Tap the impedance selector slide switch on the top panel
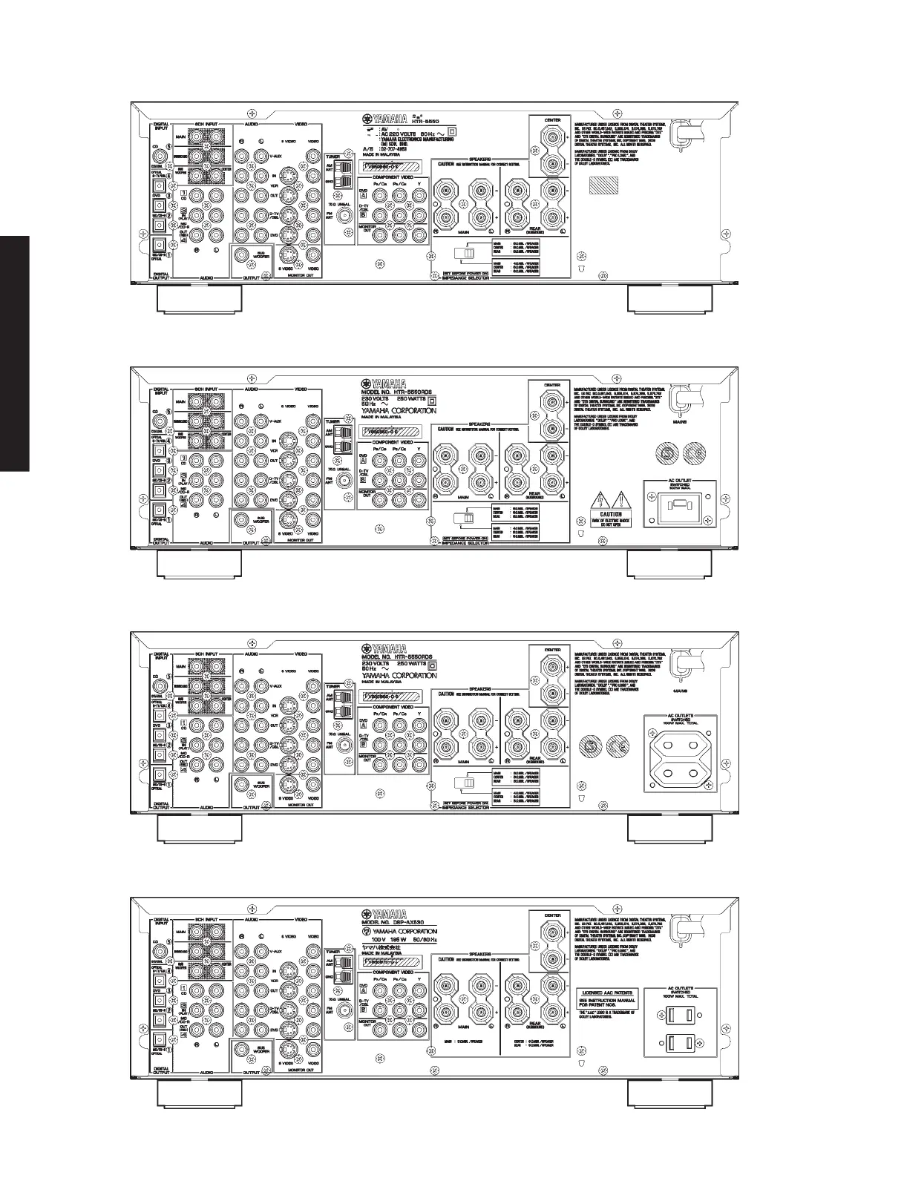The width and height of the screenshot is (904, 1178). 467,254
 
